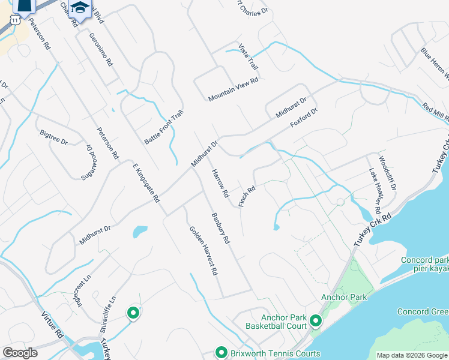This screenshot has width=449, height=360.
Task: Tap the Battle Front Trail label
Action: [x=163, y=127]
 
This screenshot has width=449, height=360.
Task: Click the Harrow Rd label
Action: [x=220, y=184]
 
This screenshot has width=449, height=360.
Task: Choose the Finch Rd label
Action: [x=247, y=196]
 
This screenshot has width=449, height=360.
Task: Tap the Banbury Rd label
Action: [x=220, y=228]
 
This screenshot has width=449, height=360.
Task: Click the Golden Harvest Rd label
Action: [x=203, y=250]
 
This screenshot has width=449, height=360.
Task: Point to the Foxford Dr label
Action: [x=303, y=117]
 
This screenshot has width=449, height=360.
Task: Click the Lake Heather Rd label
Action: [x=375, y=190]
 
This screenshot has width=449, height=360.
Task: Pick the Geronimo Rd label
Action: [x=101, y=49]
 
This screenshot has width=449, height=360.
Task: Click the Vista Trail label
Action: [x=247, y=56]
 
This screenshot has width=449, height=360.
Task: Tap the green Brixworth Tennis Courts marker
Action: [x=221, y=353]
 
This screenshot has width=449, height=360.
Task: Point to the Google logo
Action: [x=20, y=353]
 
